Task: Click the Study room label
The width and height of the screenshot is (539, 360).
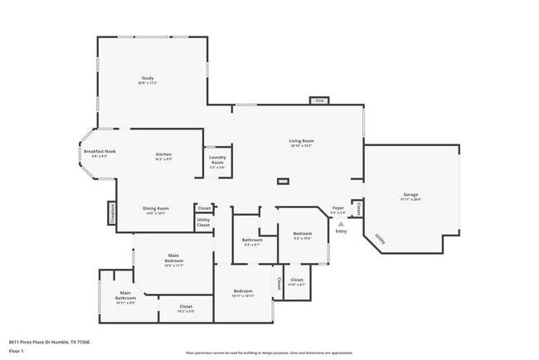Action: [x=148, y=79]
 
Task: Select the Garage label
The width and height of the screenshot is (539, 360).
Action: [x=410, y=195]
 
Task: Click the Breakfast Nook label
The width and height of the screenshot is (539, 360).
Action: [x=99, y=153]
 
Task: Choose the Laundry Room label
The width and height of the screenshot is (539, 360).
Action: [x=217, y=161]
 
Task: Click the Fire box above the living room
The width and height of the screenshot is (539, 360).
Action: [x=319, y=100]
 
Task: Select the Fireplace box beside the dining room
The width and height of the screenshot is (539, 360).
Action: [x=110, y=213]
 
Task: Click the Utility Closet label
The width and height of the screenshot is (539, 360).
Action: [x=203, y=222]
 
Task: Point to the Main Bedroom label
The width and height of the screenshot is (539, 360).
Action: [x=173, y=260]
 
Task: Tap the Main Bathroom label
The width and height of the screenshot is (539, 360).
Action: [x=125, y=296]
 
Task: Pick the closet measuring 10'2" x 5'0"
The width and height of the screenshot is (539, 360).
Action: [x=186, y=309]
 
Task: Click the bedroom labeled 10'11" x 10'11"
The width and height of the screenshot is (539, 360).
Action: [x=243, y=293]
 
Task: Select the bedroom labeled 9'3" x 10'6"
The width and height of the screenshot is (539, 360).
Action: [x=302, y=235]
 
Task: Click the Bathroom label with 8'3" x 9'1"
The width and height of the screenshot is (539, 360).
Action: [x=252, y=241]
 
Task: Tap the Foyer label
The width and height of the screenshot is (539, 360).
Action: [x=338, y=210]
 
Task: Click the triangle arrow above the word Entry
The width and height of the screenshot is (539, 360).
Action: [x=341, y=222]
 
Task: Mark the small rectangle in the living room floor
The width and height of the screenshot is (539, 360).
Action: [x=284, y=180]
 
